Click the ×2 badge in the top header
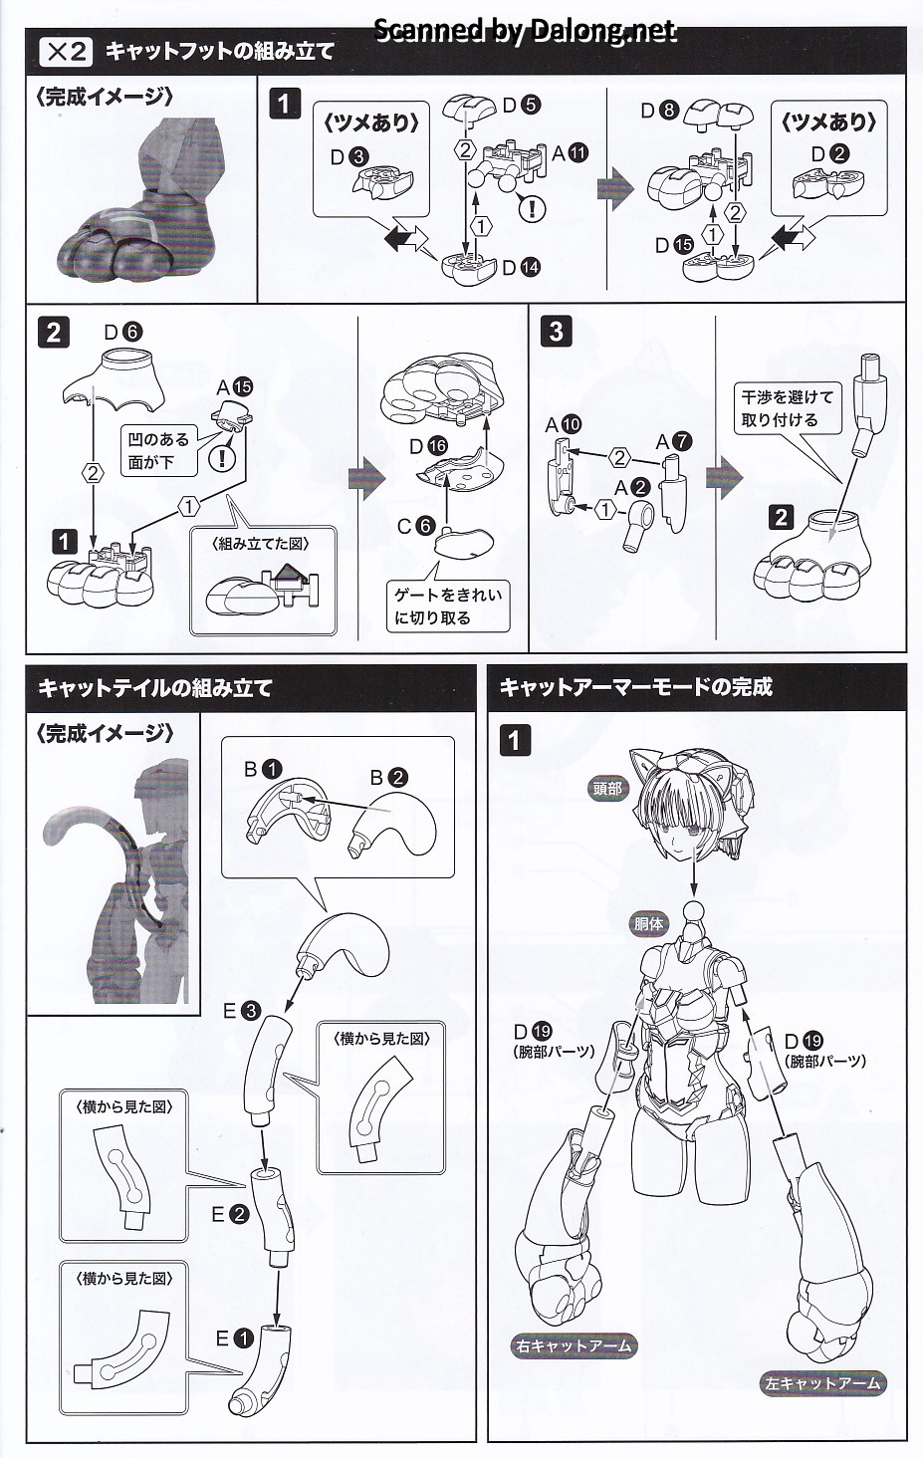pos(64,51)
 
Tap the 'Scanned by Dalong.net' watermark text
pos(525,31)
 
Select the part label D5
pos(521,105)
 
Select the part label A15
pos(235,386)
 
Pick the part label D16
pos(428,446)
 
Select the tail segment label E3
pos(241,1011)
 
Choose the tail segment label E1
pos(235,1338)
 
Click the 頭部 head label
pos(606,788)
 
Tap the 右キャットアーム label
pos(574,1345)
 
